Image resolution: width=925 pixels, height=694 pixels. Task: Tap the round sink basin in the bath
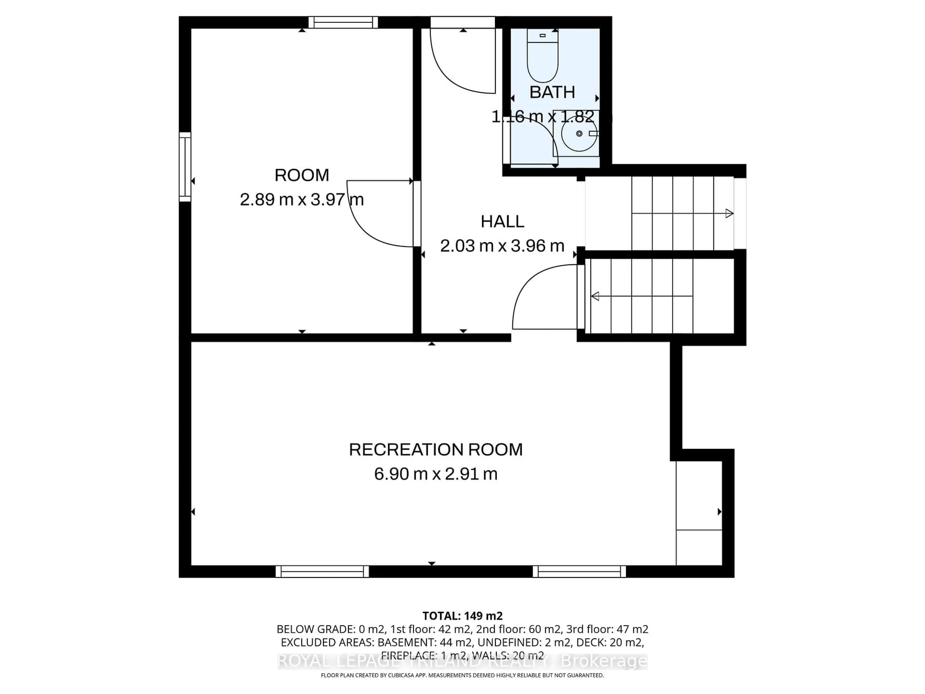[579, 134]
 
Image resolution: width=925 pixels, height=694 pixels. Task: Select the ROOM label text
[302, 175]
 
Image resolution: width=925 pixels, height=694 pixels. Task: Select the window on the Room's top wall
[343, 22]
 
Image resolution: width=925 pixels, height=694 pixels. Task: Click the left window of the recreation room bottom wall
[322, 571]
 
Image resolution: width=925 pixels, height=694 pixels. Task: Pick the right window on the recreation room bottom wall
[579, 571]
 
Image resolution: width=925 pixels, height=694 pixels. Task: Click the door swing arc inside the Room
[368, 226]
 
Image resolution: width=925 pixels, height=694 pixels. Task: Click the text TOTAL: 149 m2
[462, 616]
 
